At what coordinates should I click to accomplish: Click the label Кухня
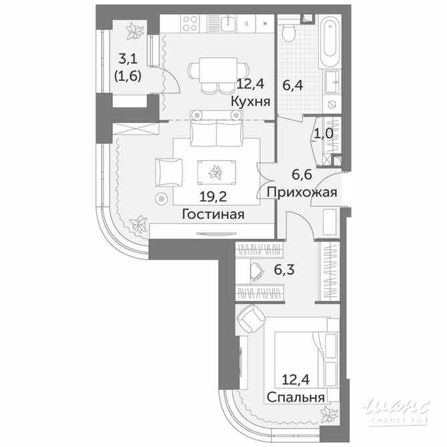(x=250, y=101)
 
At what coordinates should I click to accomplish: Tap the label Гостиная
(x=212, y=214)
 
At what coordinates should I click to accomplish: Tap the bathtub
(x=330, y=43)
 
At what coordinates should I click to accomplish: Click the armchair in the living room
(x=167, y=172)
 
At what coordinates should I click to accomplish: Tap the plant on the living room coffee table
(x=215, y=172)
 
